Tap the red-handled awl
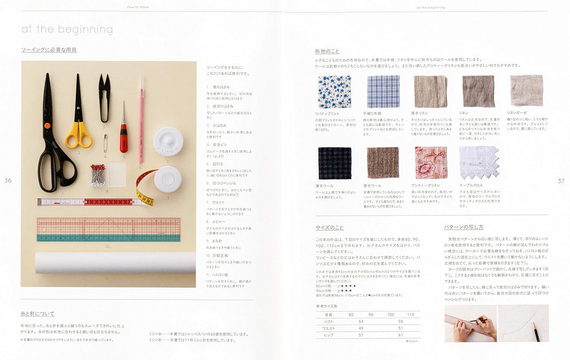pos(124,134)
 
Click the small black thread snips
pos(104,97)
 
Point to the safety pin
pos(105,143)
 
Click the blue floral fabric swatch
pos(334,92)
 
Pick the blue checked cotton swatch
pos(383,92)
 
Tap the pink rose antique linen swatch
pos(431,163)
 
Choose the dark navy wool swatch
pos(334,163)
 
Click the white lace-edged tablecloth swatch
pos(478,163)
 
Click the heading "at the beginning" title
pos(67,29)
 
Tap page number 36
pos(8,180)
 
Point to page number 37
pos(561,181)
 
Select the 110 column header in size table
pos(410,315)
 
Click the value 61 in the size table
pos(401,335)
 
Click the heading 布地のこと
pos(327,51)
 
